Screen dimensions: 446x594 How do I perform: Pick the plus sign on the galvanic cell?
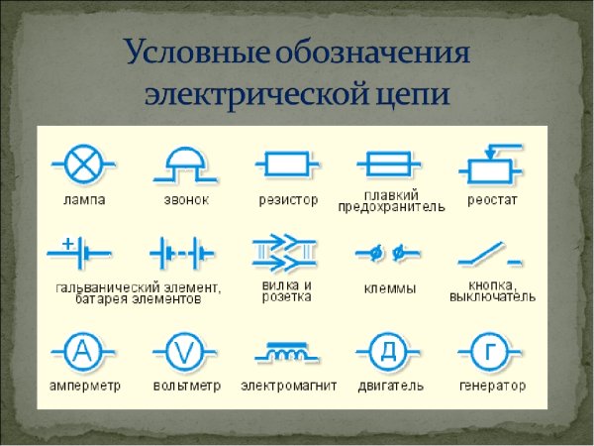coord(67,242)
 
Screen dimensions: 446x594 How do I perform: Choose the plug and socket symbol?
coord(284,254)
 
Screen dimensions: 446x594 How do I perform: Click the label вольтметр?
coord(185,385)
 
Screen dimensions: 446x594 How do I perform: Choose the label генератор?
coord(492,385)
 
